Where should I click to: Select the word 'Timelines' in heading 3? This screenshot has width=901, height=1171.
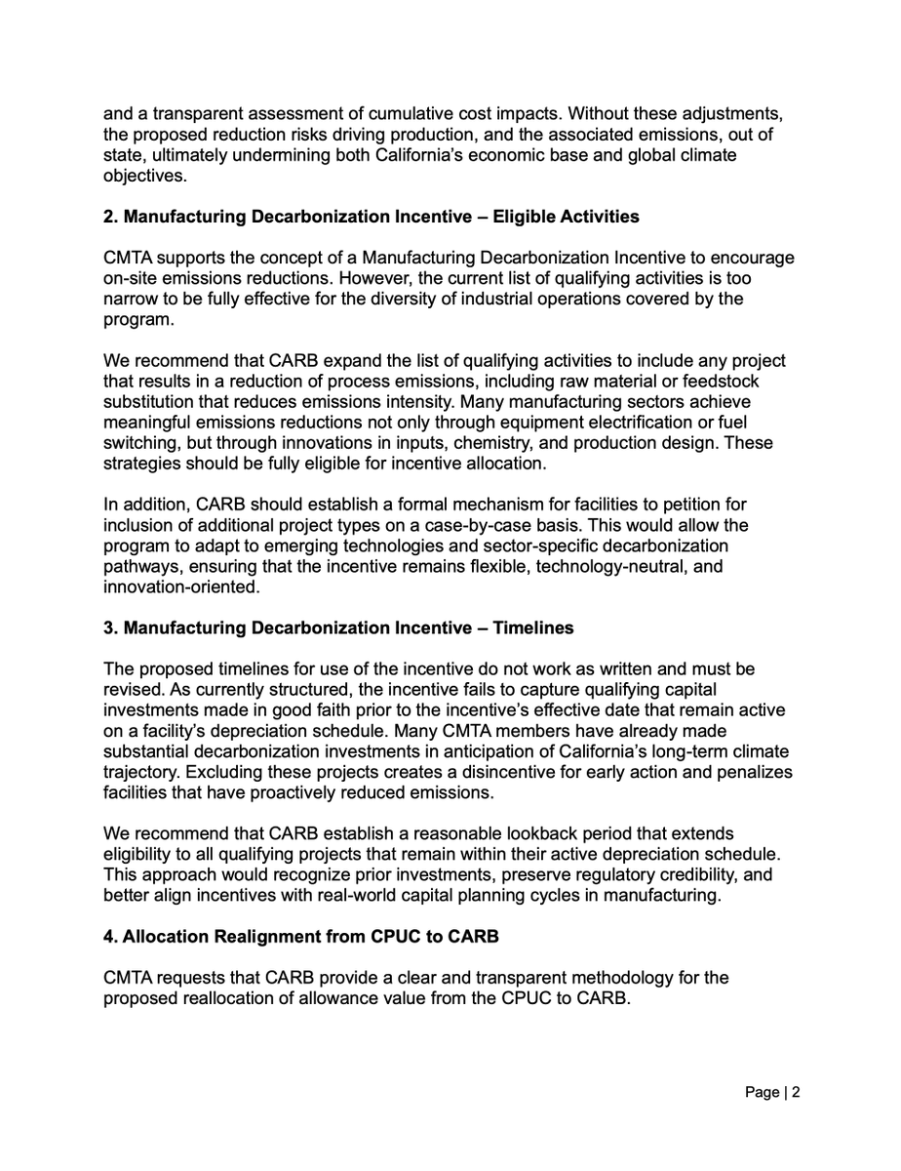pyautogui.click(x=533, y=628)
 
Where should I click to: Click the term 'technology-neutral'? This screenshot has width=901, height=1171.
pyautogui.click(x=613, y=566)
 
